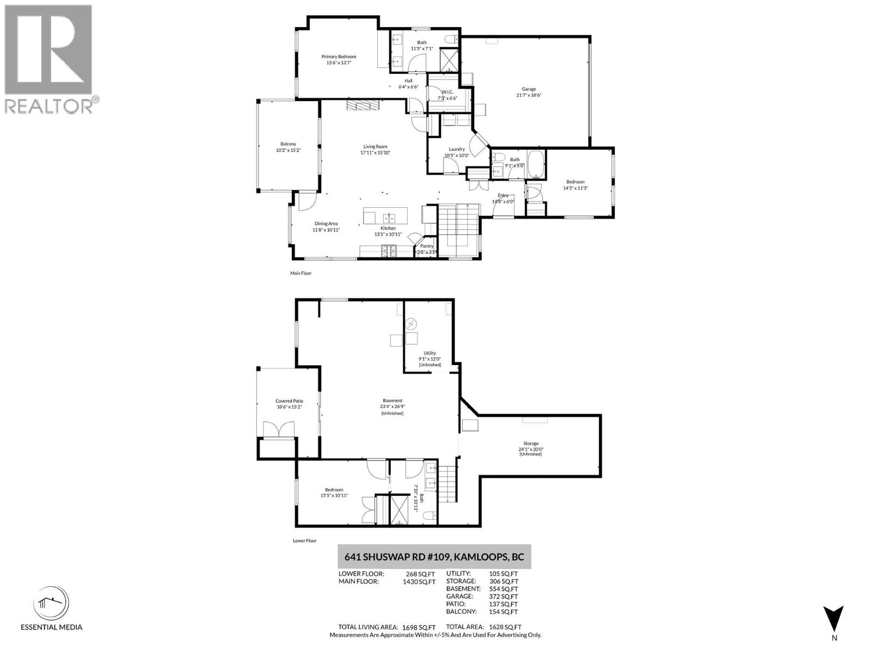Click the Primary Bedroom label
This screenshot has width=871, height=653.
click(339, 57)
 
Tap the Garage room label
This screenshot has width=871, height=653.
click(529, 89)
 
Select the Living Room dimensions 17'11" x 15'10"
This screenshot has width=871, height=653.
click(375, 153)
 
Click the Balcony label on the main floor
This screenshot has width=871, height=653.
click(288, 144)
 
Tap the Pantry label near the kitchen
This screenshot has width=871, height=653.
click(426, 246)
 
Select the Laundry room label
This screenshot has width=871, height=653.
click(456, 149)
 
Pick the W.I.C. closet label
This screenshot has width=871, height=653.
click(447, 92)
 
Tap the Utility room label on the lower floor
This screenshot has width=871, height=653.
click(430, 353)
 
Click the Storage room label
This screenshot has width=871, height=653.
click(531, 443)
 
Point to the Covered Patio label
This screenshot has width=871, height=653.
click(289, 401)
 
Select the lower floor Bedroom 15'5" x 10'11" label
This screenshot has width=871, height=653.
click(334, 490)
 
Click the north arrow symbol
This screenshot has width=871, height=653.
click(833, 619)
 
